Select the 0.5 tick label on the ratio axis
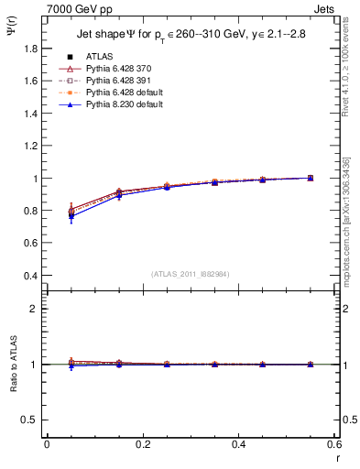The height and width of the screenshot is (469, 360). click(32, 420)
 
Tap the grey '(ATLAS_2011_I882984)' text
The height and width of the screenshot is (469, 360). click(190, 273)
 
